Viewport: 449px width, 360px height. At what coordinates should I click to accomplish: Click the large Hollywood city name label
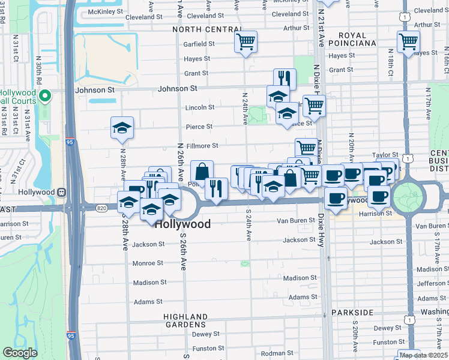tap(183, 224)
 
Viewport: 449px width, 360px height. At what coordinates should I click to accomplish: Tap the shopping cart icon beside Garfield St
tap(245, 42)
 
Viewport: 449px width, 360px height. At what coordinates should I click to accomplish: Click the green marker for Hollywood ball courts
tap(44, 96)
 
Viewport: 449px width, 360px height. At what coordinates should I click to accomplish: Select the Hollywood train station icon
tap(61, 192)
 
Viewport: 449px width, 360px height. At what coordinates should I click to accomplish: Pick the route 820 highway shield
tap(101, 207)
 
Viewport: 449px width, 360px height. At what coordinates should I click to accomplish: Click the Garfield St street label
tap(199, 44)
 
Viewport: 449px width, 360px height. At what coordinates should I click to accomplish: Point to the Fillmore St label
tap(202, 145)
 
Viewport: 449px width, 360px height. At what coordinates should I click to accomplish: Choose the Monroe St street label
tap(147, 263)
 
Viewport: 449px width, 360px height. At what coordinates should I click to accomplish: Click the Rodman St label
tap(273, 353)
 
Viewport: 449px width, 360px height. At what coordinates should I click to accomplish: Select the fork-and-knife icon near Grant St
tap(285, 79)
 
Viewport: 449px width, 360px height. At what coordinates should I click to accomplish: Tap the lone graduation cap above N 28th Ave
tap(122, 127)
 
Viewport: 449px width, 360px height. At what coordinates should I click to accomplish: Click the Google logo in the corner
tap(20, 353)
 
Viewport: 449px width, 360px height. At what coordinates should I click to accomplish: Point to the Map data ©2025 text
tap(424, 355)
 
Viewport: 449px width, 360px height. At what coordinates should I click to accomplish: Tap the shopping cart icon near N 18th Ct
tap(408, 42)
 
